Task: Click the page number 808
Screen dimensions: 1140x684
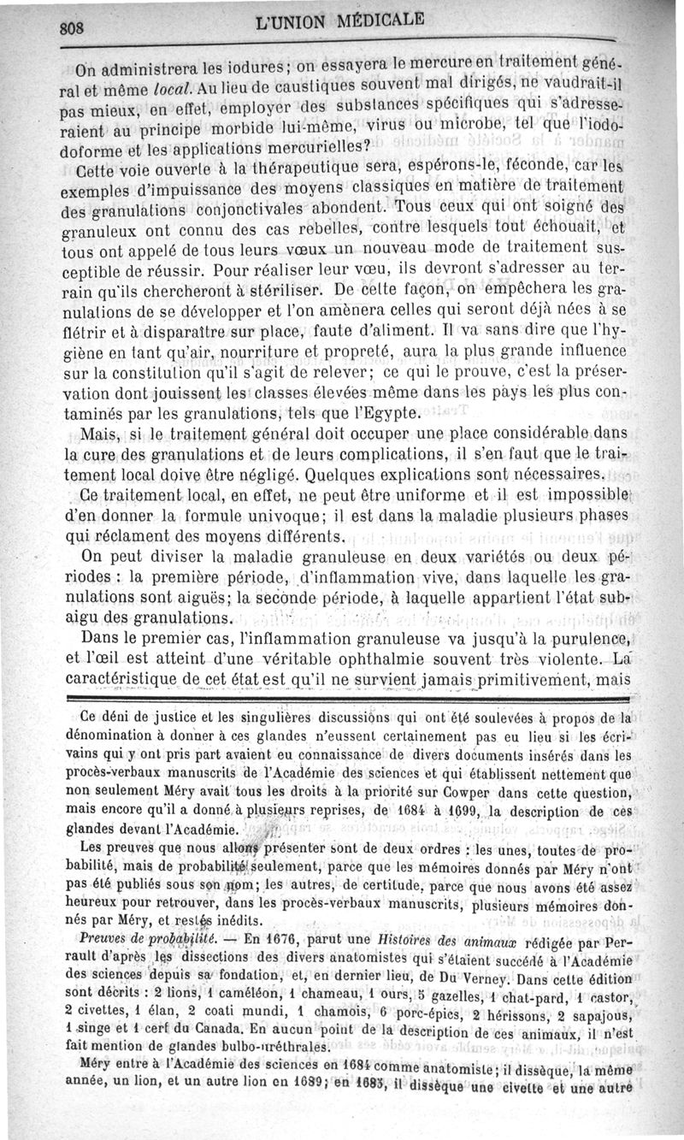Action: pos(73,26)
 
